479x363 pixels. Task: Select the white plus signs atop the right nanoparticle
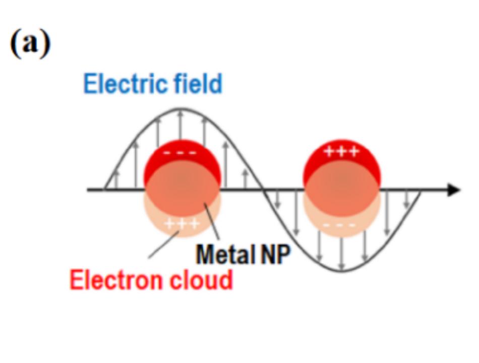[341, 151]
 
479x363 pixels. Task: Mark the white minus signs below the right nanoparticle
[341, 225]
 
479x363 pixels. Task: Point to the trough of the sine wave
[342, 271]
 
